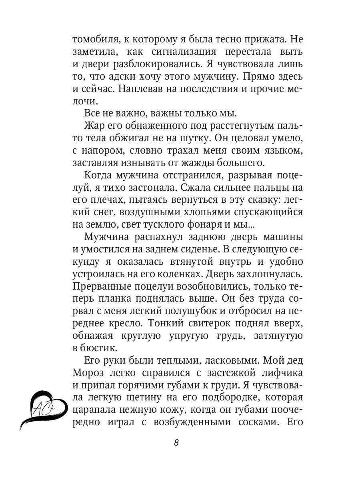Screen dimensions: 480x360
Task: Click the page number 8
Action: click(x=176, y=443)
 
